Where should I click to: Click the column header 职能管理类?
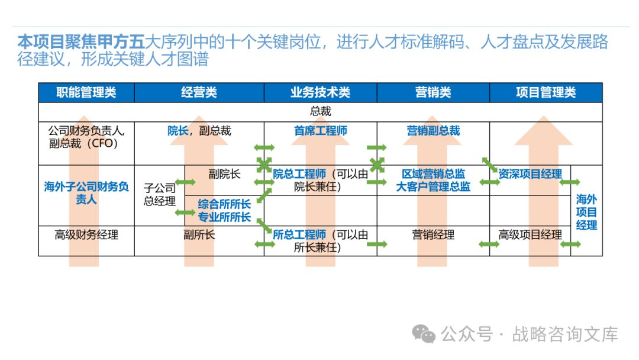[86, 92]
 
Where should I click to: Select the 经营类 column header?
[199, 92]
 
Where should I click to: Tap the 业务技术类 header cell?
[320, 92]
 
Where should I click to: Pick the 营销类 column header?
[433, 92]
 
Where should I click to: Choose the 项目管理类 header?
[546, 92]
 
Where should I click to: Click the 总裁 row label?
[320, 111]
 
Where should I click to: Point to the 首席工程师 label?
[320, 131]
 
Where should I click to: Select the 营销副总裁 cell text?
[433, 131]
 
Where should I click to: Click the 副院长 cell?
[224, 174]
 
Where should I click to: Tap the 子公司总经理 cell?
[160, 195]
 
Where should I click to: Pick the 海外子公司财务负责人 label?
[86, 193]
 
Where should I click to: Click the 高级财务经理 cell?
[86, 235]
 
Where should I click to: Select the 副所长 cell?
[199, 235]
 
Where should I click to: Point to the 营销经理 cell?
[433, 235]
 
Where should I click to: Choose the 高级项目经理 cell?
[530, 235]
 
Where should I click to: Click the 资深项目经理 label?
[530, 174]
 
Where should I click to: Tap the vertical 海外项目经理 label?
[586, 212]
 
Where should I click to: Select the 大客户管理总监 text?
[433, 187]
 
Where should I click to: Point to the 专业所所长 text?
[224, 217]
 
